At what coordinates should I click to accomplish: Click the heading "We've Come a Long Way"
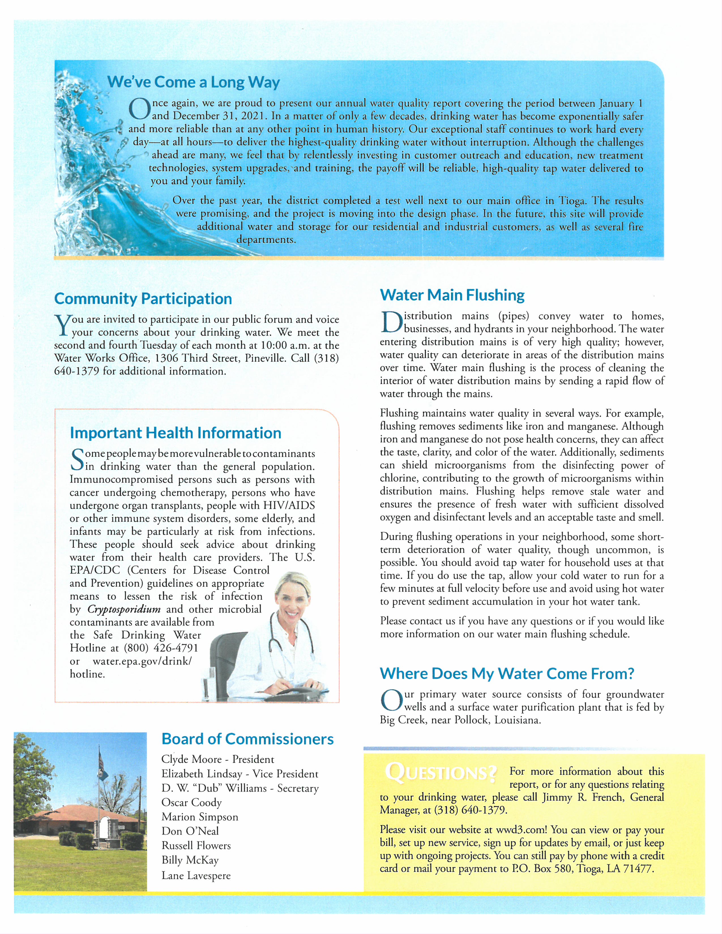pos(193,82)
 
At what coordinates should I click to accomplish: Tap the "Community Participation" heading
pos(143,299)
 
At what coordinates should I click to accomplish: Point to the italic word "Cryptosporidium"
pos(124,609)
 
